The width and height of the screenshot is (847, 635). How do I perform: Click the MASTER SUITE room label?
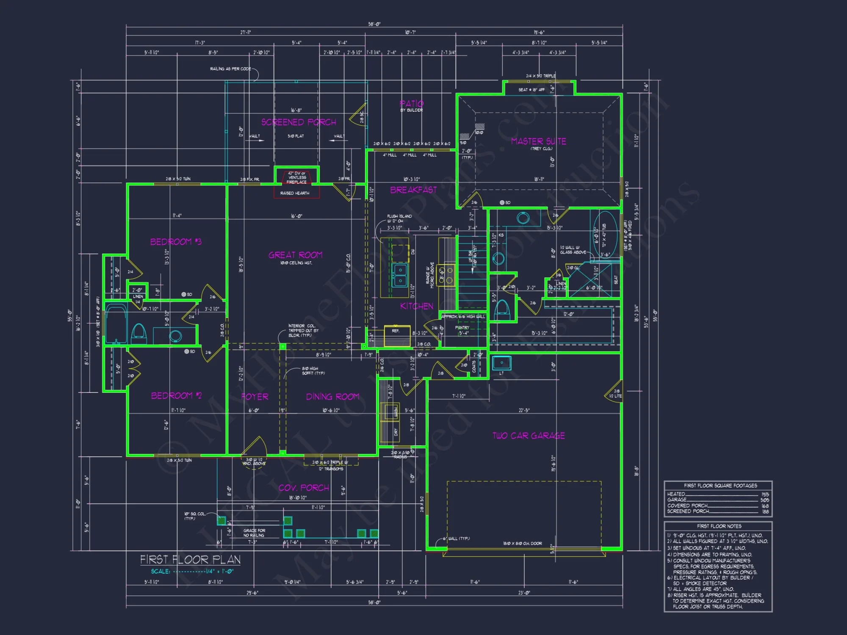click(538, 141)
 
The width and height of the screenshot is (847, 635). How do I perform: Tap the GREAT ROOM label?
click(295, 255)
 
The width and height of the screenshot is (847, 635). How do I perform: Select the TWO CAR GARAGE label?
click(529, 436)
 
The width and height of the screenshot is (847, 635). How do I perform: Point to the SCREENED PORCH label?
click(299, 122)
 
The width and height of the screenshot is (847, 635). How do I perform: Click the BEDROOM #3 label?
click(176, 242)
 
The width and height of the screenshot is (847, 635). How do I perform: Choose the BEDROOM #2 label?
click(176, 395)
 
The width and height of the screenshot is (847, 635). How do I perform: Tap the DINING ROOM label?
click(332, 397)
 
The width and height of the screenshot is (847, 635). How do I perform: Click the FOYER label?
click(255, 397)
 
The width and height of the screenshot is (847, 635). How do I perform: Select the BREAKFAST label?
click(413, 190)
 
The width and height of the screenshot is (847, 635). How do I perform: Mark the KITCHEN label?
click(417, 306)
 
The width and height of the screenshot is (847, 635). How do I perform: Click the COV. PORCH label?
click(304, 488)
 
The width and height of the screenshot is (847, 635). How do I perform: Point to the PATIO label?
click(411, 104)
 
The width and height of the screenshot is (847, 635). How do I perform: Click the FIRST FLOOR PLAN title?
click(190, 560)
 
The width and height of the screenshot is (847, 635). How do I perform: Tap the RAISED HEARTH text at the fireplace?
click(295, 193)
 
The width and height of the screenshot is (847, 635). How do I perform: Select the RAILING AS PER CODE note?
click(230, 69)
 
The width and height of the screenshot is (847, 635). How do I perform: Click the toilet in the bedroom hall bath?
click(139, 333)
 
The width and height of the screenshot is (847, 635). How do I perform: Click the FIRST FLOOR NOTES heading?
click(719, 526)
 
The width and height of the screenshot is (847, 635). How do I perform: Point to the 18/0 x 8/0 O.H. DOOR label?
click(522, 544)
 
